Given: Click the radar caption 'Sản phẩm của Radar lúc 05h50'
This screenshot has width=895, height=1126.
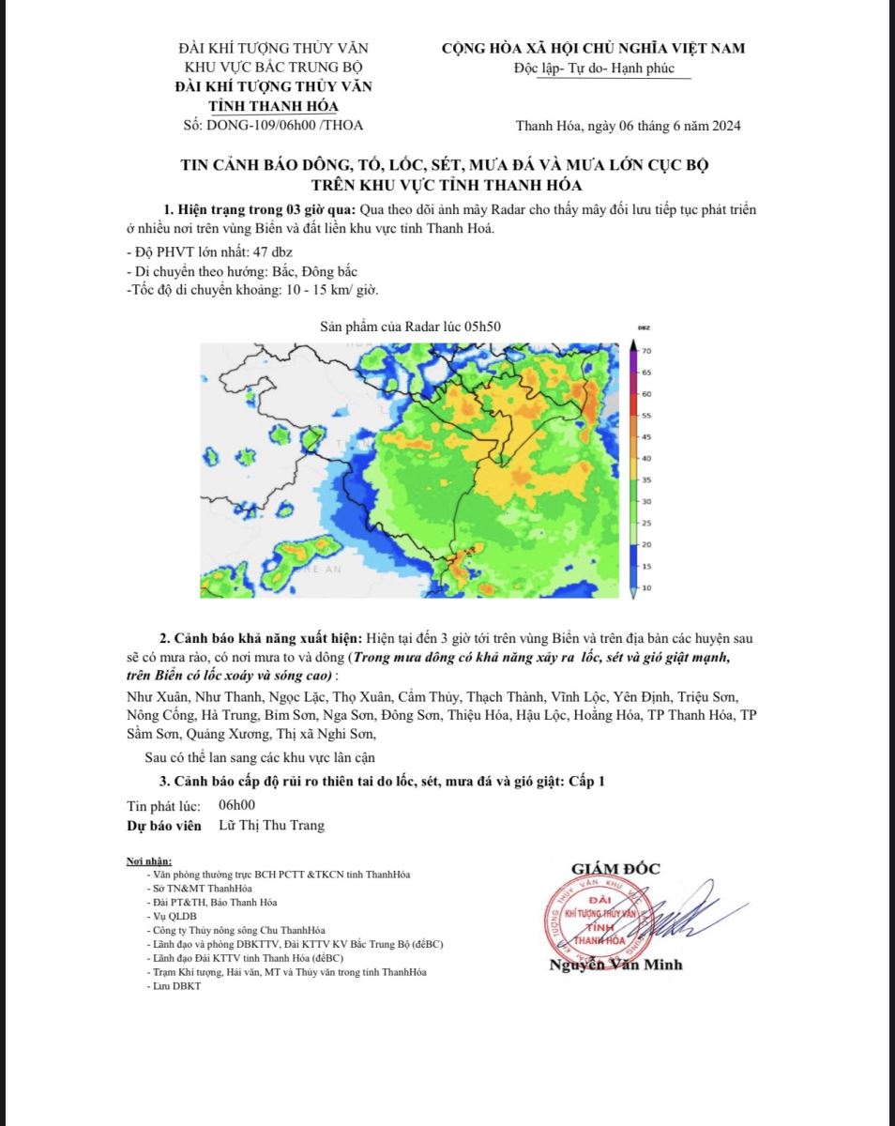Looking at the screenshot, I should [x=411, y=326].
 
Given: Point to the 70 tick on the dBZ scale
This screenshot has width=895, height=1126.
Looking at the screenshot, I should [x=646, y=350].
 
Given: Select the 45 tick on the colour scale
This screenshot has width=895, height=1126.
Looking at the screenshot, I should [x=646, y=436].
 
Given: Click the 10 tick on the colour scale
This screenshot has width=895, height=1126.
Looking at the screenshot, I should [x=646, y=587].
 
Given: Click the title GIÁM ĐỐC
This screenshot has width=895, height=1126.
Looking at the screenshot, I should [x=615, y=869].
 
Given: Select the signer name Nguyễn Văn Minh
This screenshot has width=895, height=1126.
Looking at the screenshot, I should [x=615, y=965].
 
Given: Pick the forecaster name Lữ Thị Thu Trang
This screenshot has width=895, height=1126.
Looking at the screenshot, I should [x=271, y=826].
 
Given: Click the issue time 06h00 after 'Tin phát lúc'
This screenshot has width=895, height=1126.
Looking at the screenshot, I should [x=236, y=805].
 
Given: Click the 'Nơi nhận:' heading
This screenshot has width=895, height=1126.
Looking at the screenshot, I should [x=149, y=861].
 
